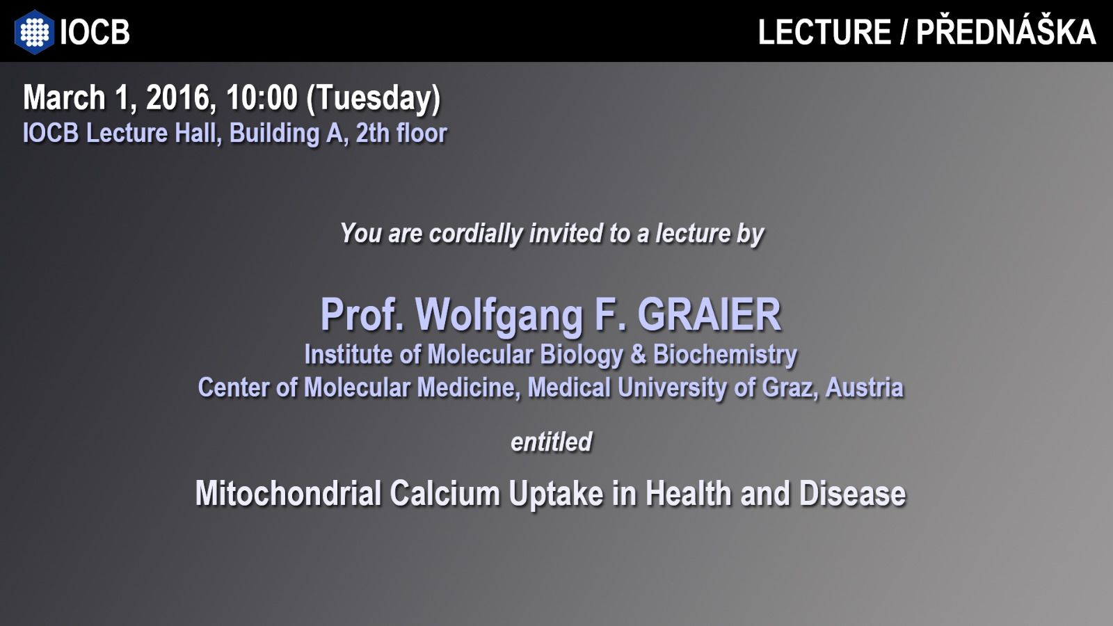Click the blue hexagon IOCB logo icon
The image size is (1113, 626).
(x=34, y=32)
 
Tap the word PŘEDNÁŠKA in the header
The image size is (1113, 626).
(x=1006, y=32)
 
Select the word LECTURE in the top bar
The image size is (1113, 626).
(x=824, y=32)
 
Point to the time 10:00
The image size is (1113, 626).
(x=262, y=97)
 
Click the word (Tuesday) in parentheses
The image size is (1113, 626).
(x=374, y=99)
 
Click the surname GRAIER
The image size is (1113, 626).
(x=709, y=314)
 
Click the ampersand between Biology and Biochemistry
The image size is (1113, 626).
(x=637, y=355)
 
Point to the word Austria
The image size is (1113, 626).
(x=864, y=387)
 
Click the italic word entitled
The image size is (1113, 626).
(x=552, y=442)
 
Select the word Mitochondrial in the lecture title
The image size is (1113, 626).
(x=288, y=494)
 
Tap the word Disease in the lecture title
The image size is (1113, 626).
(x=852, y=494)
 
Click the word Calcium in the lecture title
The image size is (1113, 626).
(x=445, y=494)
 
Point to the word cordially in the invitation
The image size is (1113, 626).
(x=476, y=234)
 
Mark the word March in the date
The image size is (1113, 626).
(x=64, y=97)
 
